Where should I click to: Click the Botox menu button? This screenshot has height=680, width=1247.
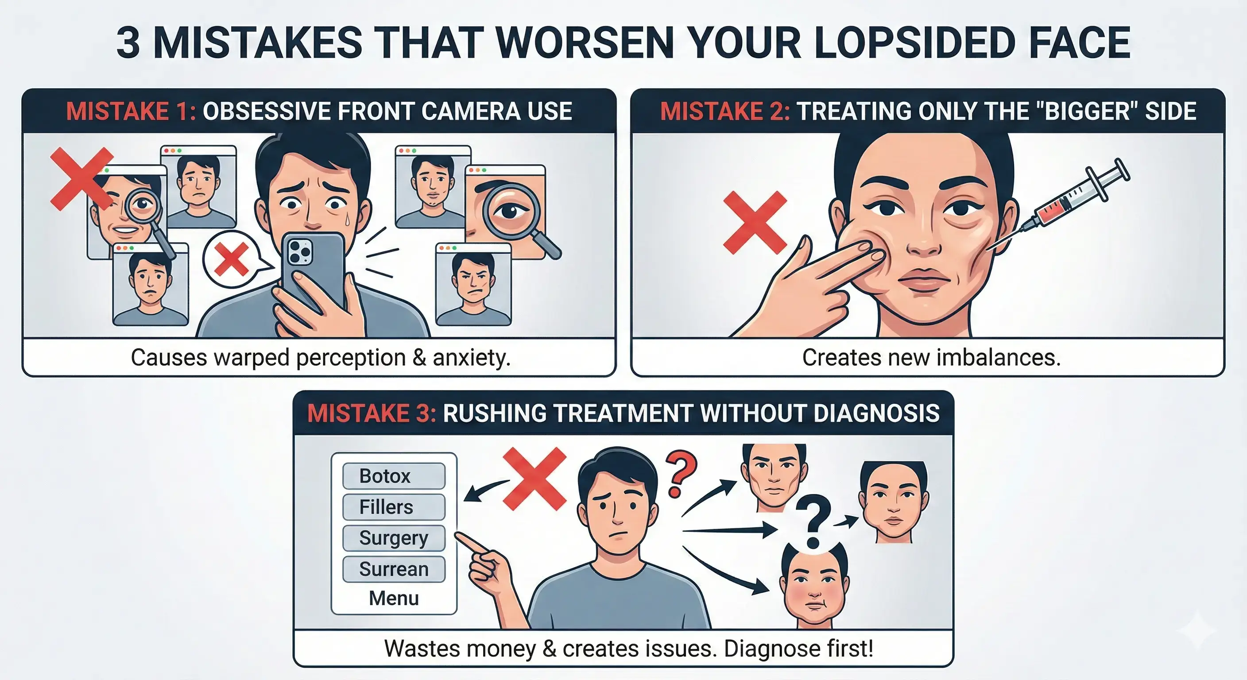394,476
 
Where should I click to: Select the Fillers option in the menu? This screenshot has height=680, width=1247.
394,507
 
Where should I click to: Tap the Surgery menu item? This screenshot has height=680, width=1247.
394,538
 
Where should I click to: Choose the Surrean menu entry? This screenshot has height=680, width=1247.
394,569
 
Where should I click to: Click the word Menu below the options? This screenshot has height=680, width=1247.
394,598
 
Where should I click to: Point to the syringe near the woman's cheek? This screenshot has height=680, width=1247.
1060,203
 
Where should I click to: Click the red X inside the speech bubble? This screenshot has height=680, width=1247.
232,259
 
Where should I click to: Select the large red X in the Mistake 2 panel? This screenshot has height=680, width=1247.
755,222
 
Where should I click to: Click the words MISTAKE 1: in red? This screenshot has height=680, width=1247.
131,111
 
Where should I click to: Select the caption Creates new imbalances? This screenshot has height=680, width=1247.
931,358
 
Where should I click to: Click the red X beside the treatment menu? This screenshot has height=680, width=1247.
535,478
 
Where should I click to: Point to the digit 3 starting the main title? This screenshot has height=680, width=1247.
129,42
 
